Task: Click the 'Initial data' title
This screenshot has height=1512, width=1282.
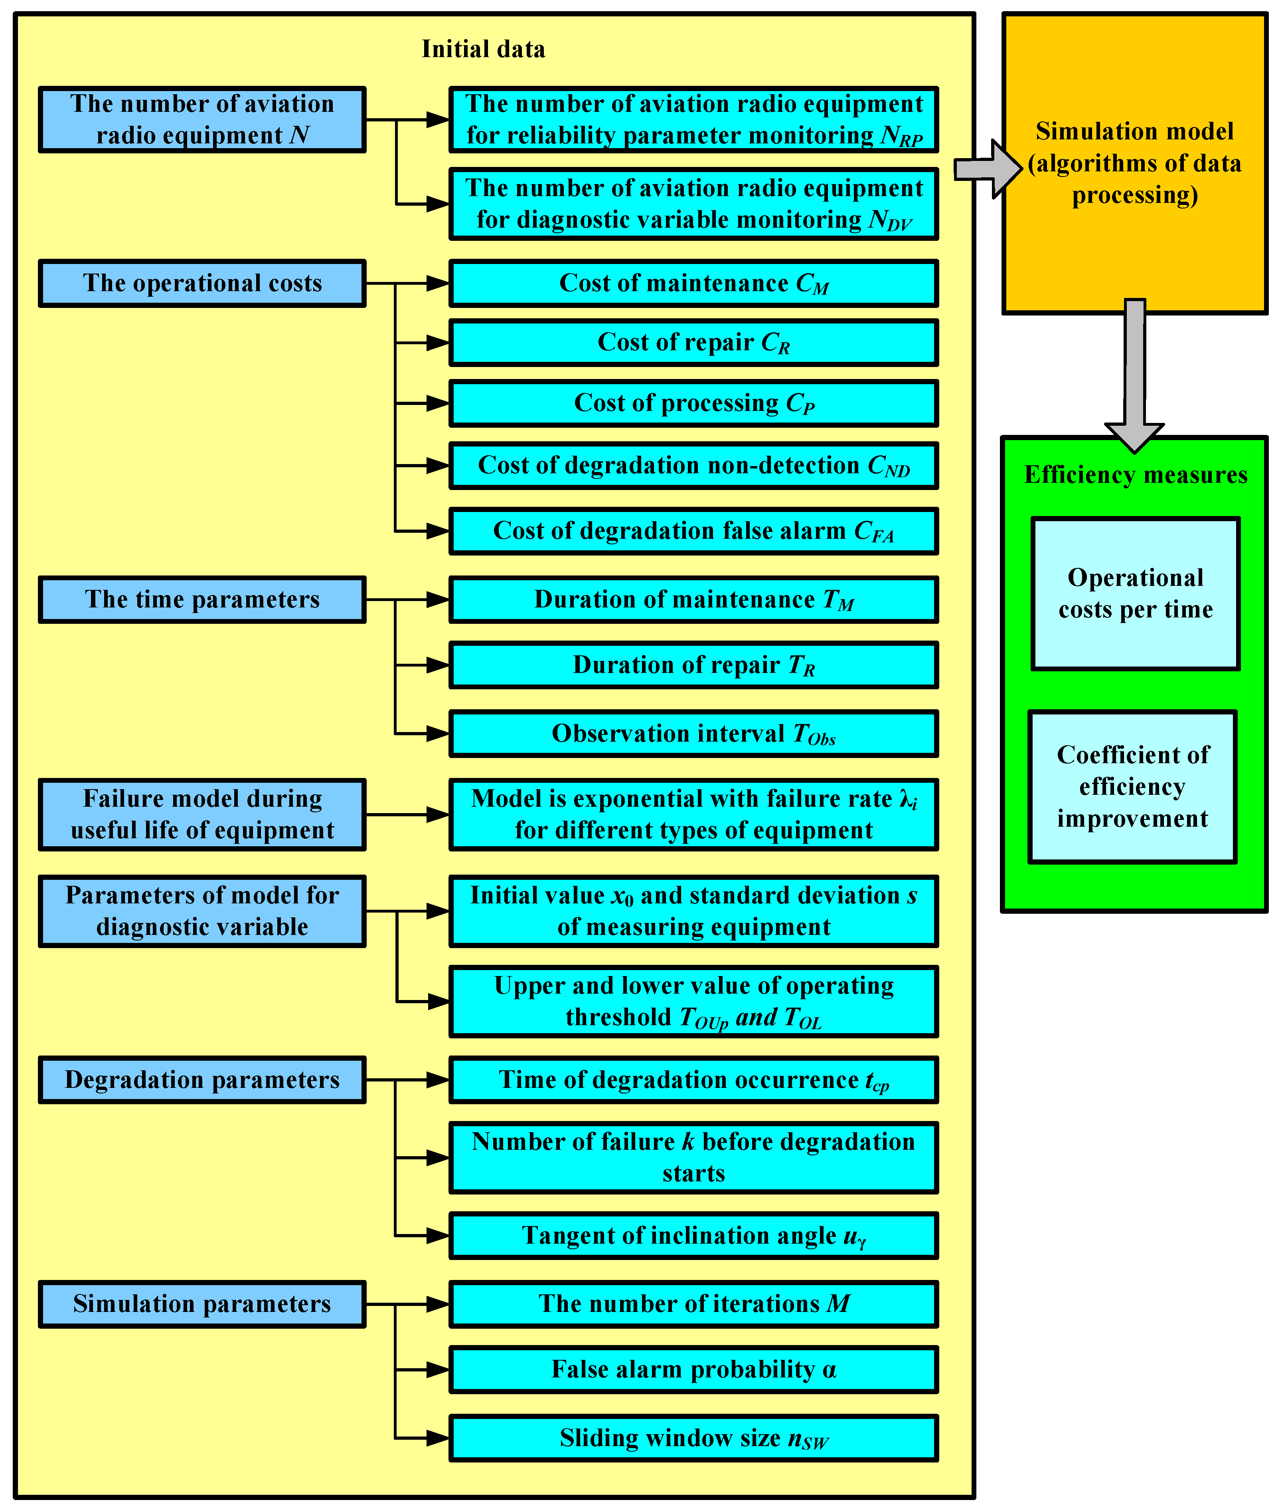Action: pos(483,50)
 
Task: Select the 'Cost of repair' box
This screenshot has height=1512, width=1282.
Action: pos(693,343)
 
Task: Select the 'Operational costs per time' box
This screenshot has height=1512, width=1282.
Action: pos(1135,593)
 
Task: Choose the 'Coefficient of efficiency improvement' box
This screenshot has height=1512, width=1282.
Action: pos(1132,787)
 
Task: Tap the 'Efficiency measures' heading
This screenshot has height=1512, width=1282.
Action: pos(1135,475)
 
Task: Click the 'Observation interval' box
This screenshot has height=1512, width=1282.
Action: pos(693,734)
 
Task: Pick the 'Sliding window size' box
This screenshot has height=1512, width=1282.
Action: pos(693,1438)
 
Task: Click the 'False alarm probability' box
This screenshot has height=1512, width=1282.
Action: pos(693,1369)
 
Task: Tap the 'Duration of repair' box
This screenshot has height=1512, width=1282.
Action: pos(693,665)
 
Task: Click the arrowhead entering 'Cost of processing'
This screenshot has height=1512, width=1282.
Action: pos(438,403)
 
